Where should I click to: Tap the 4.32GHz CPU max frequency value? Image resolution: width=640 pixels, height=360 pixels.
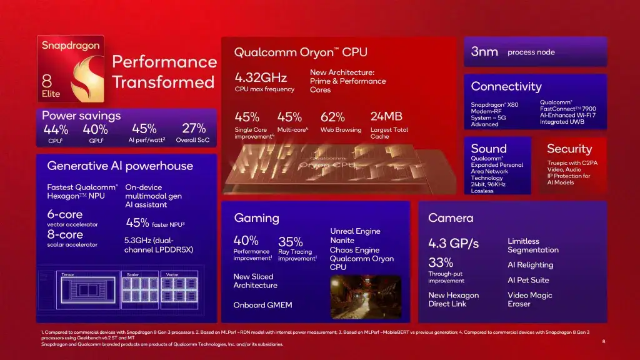tap(261, 77)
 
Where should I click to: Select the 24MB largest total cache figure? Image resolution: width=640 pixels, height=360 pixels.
tap(386, 117)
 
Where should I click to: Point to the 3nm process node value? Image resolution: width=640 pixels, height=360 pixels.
tap(484, 52)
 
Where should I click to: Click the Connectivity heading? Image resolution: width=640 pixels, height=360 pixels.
tap(506, 86)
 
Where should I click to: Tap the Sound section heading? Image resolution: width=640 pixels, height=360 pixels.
tap(489, 148)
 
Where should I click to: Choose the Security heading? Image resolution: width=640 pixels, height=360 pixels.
tap(569, 148)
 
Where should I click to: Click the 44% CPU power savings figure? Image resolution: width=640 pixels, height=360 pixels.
tap(56, 129)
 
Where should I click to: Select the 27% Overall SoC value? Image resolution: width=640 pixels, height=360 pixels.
tap(194, 128)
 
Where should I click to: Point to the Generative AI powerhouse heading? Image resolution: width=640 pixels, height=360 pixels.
tap(120, 166)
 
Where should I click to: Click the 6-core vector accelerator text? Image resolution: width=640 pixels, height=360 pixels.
tap(65, 214)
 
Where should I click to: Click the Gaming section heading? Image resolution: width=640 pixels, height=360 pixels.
tap(256, 217)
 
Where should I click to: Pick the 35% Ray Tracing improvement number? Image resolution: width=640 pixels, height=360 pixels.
tap(290, 241)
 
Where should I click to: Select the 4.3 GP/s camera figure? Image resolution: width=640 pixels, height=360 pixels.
tap(453, 243)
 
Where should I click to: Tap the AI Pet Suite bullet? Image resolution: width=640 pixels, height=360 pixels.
tap(528, 280)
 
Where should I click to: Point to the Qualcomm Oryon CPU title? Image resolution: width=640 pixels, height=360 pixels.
tap(301, 52)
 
